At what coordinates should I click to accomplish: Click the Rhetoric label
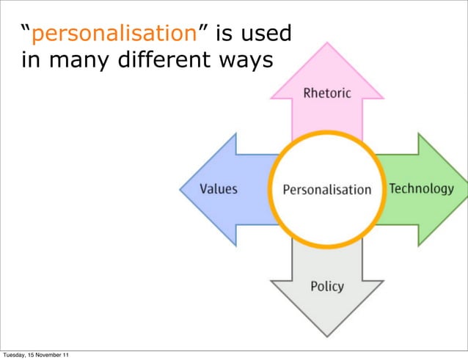pyautogui.click(x=327, y=93)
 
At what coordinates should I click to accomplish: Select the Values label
pyautogui.click(x=219, y=189)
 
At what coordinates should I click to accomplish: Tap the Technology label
pyautogui.click(x=421, y=188)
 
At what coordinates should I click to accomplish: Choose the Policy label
pyautogui.click(x=326, y=286)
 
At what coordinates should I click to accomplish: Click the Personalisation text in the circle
pyautogui.click(x=327, y=190)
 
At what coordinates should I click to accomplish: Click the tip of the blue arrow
pyautogui.click(x=181, y=189)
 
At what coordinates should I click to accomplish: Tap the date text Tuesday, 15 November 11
pyautogui.click(x=37, y=356)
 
